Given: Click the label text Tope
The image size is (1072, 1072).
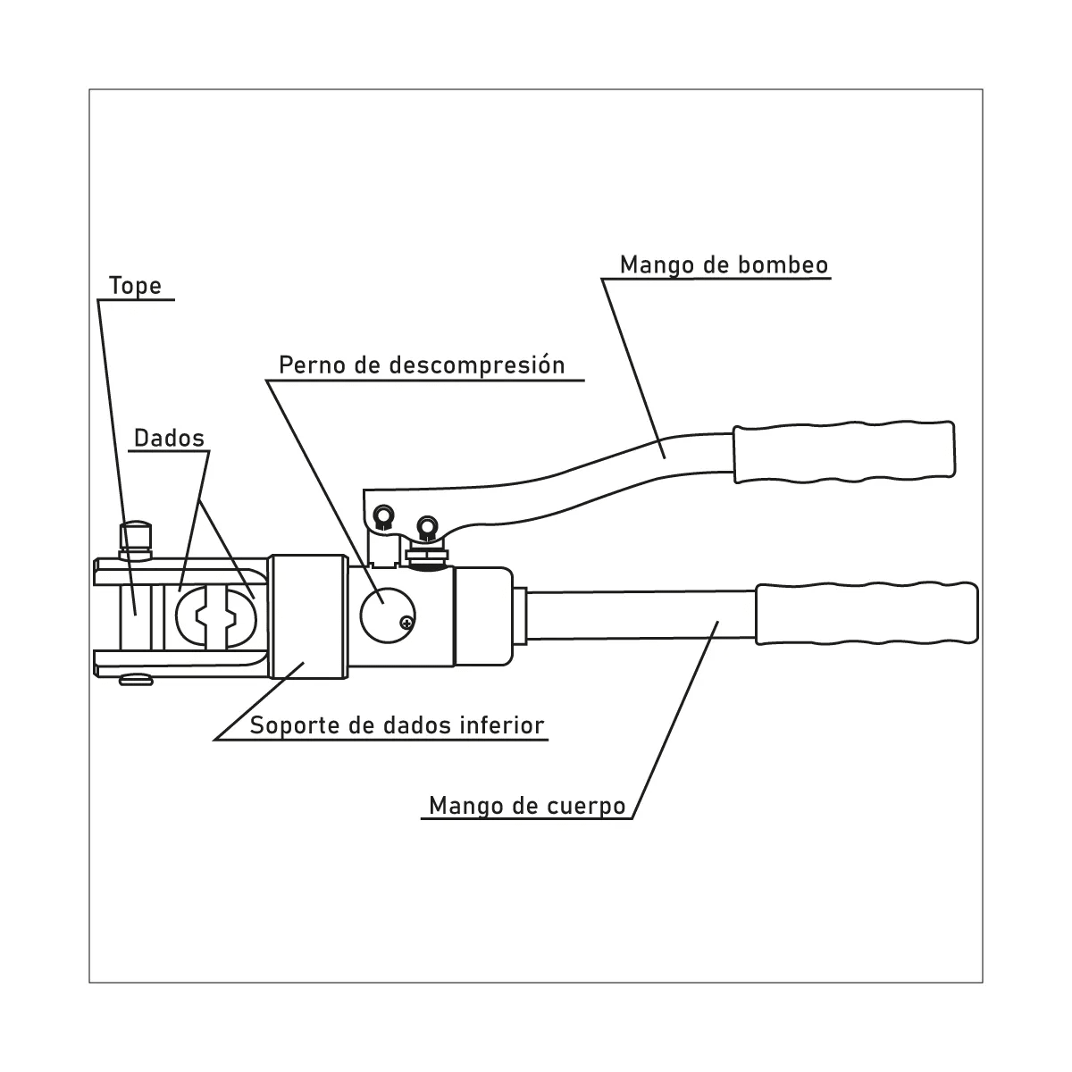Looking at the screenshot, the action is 135,286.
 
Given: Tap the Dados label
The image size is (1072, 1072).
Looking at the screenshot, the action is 169,439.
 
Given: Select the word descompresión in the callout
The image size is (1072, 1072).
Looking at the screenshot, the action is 477,365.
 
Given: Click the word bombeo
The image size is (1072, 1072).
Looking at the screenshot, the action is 783,264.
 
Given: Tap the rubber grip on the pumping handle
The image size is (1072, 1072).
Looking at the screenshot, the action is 844,452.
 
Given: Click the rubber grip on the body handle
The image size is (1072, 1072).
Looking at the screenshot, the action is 867,614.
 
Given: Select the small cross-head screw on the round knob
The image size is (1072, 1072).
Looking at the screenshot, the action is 407,623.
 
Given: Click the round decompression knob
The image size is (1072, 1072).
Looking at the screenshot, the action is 387,615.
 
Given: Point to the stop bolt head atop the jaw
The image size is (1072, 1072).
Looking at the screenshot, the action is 135,534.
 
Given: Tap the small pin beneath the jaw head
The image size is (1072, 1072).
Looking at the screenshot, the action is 136,680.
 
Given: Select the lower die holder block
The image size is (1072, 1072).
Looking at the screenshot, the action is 309,616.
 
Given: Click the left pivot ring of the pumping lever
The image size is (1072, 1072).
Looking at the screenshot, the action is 383,515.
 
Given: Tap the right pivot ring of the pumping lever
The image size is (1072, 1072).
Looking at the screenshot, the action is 427,525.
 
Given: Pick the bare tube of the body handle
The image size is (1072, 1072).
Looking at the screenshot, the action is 640,616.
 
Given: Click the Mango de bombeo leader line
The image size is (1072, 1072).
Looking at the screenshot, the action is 633,368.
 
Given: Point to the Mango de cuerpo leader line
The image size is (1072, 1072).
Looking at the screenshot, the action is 675,720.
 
